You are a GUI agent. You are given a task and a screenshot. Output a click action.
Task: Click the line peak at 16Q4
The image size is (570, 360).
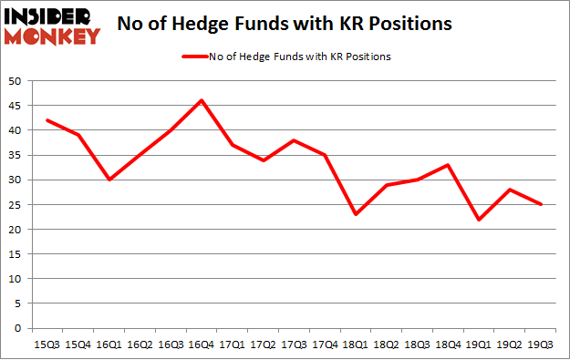coord(202,100)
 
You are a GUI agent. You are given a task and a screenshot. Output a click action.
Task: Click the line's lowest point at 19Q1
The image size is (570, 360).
coord(478,220)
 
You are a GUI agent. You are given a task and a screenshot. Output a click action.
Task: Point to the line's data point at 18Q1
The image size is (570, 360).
coord(356,214)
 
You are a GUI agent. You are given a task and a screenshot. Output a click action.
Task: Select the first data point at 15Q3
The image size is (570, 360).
coord(48,120)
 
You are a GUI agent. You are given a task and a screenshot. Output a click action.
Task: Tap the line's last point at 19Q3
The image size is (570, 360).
coord(539,204)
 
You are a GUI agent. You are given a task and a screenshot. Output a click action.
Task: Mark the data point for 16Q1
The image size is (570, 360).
coord(109,180)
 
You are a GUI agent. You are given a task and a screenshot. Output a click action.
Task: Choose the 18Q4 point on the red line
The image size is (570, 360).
coord(447,165)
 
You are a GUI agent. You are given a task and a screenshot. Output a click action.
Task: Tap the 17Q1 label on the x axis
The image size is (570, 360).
coord(233,345)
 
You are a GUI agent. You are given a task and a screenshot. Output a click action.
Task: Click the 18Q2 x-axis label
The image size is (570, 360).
coord(386,345)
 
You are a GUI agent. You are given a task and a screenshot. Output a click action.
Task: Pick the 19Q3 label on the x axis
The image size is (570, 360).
coord(539,345)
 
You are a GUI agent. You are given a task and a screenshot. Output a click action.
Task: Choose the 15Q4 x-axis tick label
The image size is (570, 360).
coord(78,345)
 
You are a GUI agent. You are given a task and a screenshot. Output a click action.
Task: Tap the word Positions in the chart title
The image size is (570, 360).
coord(408,24)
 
